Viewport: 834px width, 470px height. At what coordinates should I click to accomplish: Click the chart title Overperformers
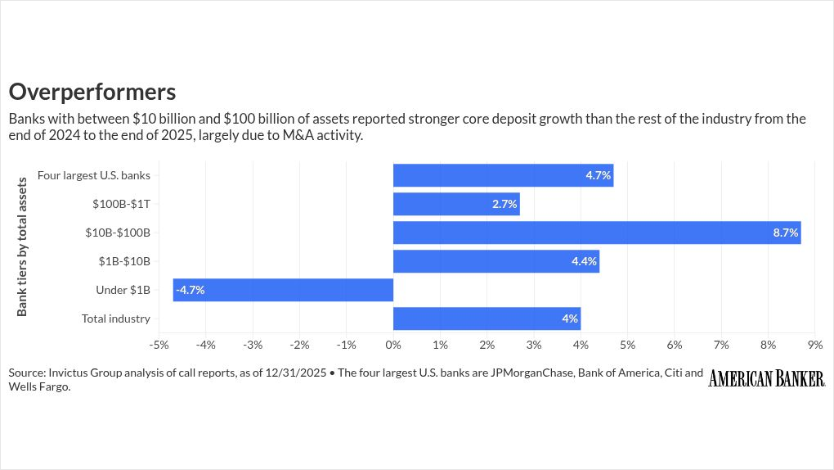(92, 90)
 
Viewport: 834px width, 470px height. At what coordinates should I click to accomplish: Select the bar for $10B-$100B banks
(596, 233)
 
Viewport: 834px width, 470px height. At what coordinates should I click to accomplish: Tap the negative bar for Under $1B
(283, 290)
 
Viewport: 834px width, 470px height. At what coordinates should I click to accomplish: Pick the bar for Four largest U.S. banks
(503, 175)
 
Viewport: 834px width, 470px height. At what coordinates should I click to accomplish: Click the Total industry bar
(486, 319)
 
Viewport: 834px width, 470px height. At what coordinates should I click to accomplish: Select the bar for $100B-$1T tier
(456, 204)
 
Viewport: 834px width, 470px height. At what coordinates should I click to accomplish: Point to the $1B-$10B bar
(496, 261)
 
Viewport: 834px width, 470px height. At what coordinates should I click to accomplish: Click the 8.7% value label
(785, 233)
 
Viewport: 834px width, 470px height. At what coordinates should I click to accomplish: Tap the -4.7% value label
(190, 290)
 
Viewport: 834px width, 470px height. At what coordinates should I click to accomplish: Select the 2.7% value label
(504, 204)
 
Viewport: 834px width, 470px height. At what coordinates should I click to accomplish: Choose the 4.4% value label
(585, 261)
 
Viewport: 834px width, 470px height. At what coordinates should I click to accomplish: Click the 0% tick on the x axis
(393, 344)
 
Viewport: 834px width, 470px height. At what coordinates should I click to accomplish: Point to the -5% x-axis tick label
(159, 344)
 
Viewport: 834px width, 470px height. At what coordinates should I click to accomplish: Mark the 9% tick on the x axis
(815, 344)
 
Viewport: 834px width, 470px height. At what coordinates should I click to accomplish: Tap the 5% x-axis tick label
(628, 344)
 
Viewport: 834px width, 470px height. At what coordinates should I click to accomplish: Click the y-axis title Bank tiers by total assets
(22, 246)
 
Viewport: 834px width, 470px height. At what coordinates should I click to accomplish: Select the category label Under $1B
(122, 290)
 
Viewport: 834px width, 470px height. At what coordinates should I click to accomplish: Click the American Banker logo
(767, 378)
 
